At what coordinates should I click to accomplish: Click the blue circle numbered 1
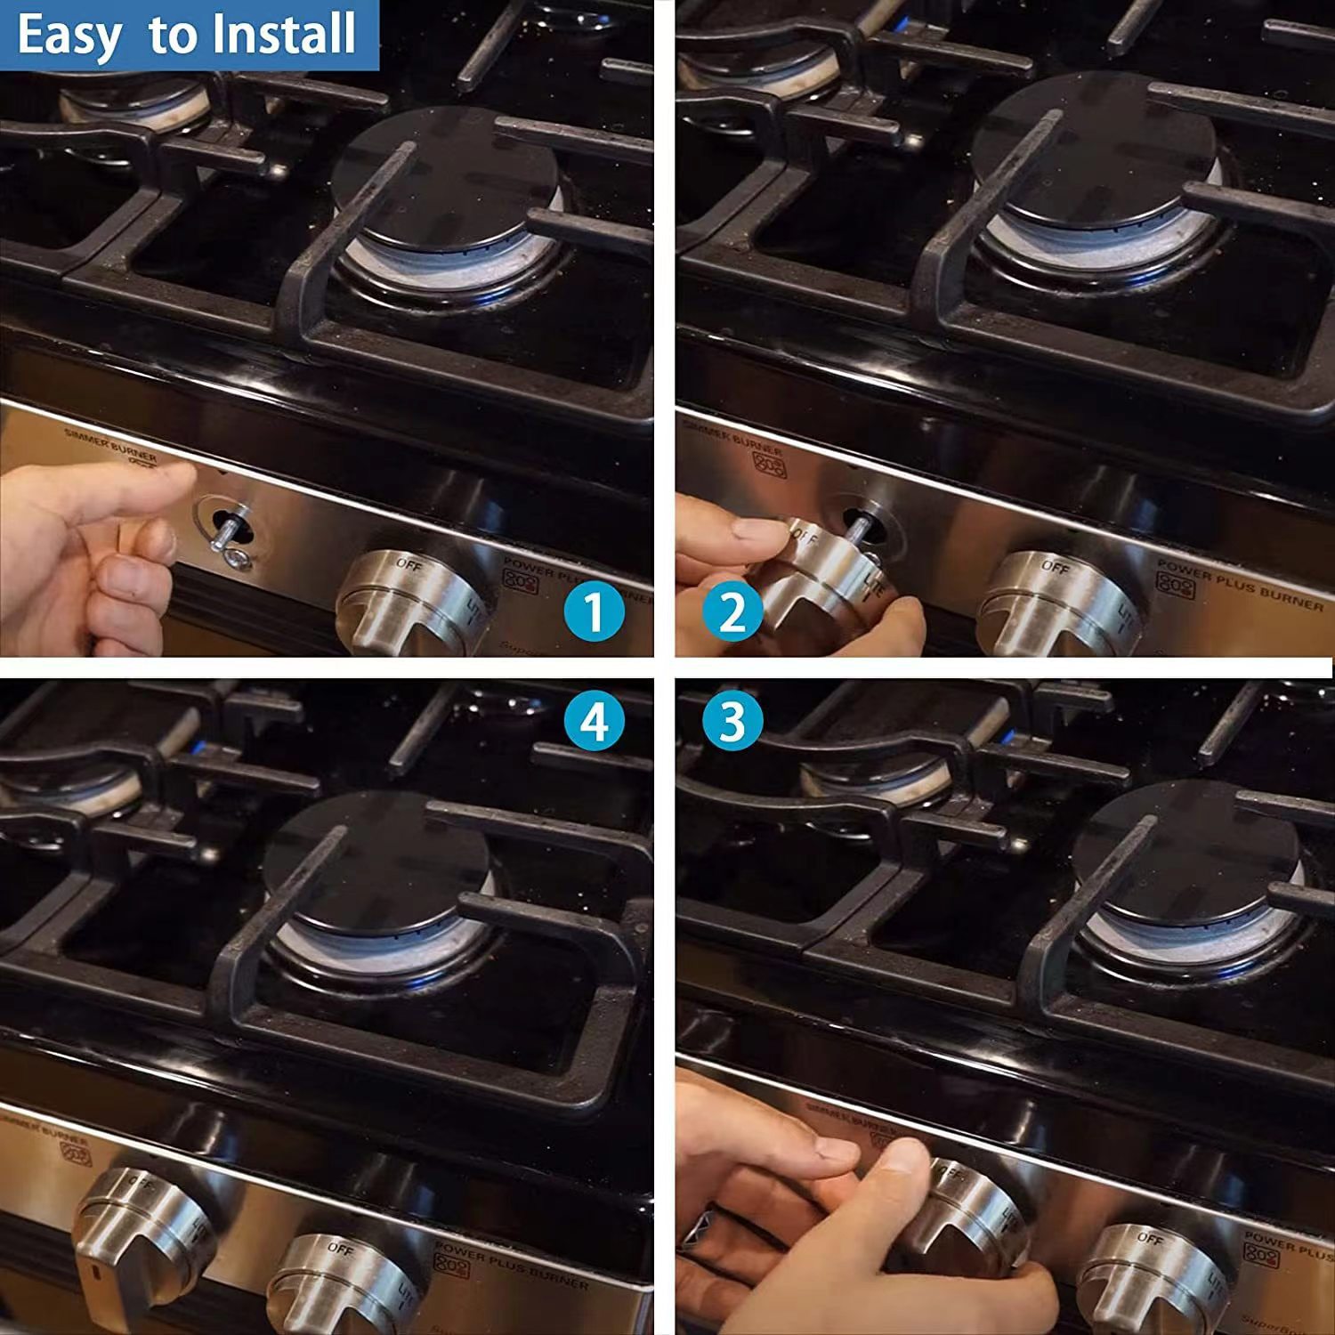[595, 611]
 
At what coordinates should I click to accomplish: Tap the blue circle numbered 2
[732, 611]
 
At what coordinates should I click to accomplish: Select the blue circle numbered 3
[732, 721]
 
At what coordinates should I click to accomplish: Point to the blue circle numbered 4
[595, 721]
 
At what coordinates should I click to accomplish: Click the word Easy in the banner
[69, 36]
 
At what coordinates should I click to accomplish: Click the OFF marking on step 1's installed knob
[409, 564]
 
